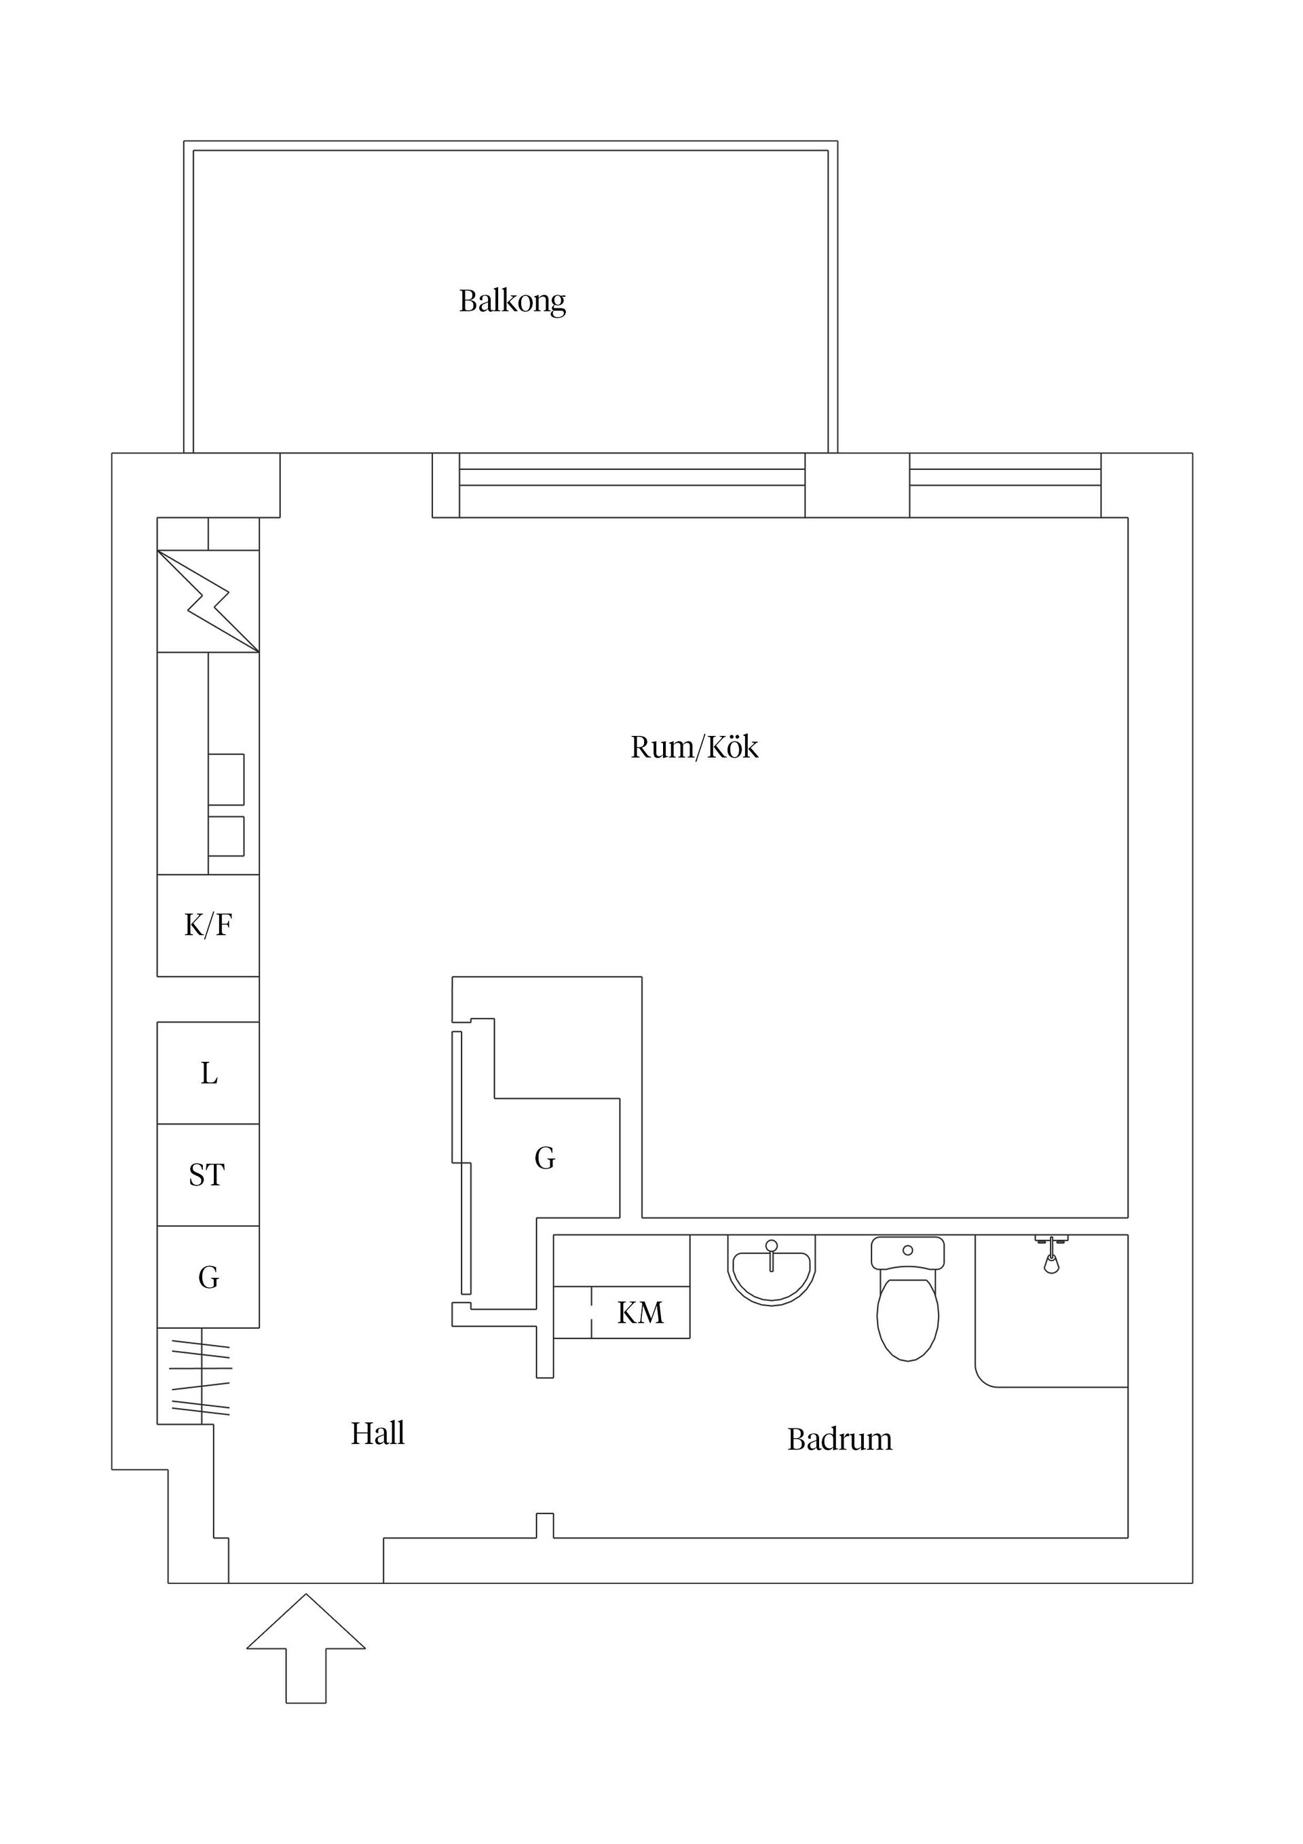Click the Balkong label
(x=512, y=301)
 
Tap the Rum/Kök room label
(x=694, y=747)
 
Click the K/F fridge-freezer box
(x=208, y=925)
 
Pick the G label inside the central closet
(x=544, y=1158)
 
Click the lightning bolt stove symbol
(x=208, y=601)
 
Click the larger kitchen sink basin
(x=227, y=779)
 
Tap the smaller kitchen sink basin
(x=227, y=836)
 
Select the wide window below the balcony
(x=632, y=484)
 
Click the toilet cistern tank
(x=907, y=1252)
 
